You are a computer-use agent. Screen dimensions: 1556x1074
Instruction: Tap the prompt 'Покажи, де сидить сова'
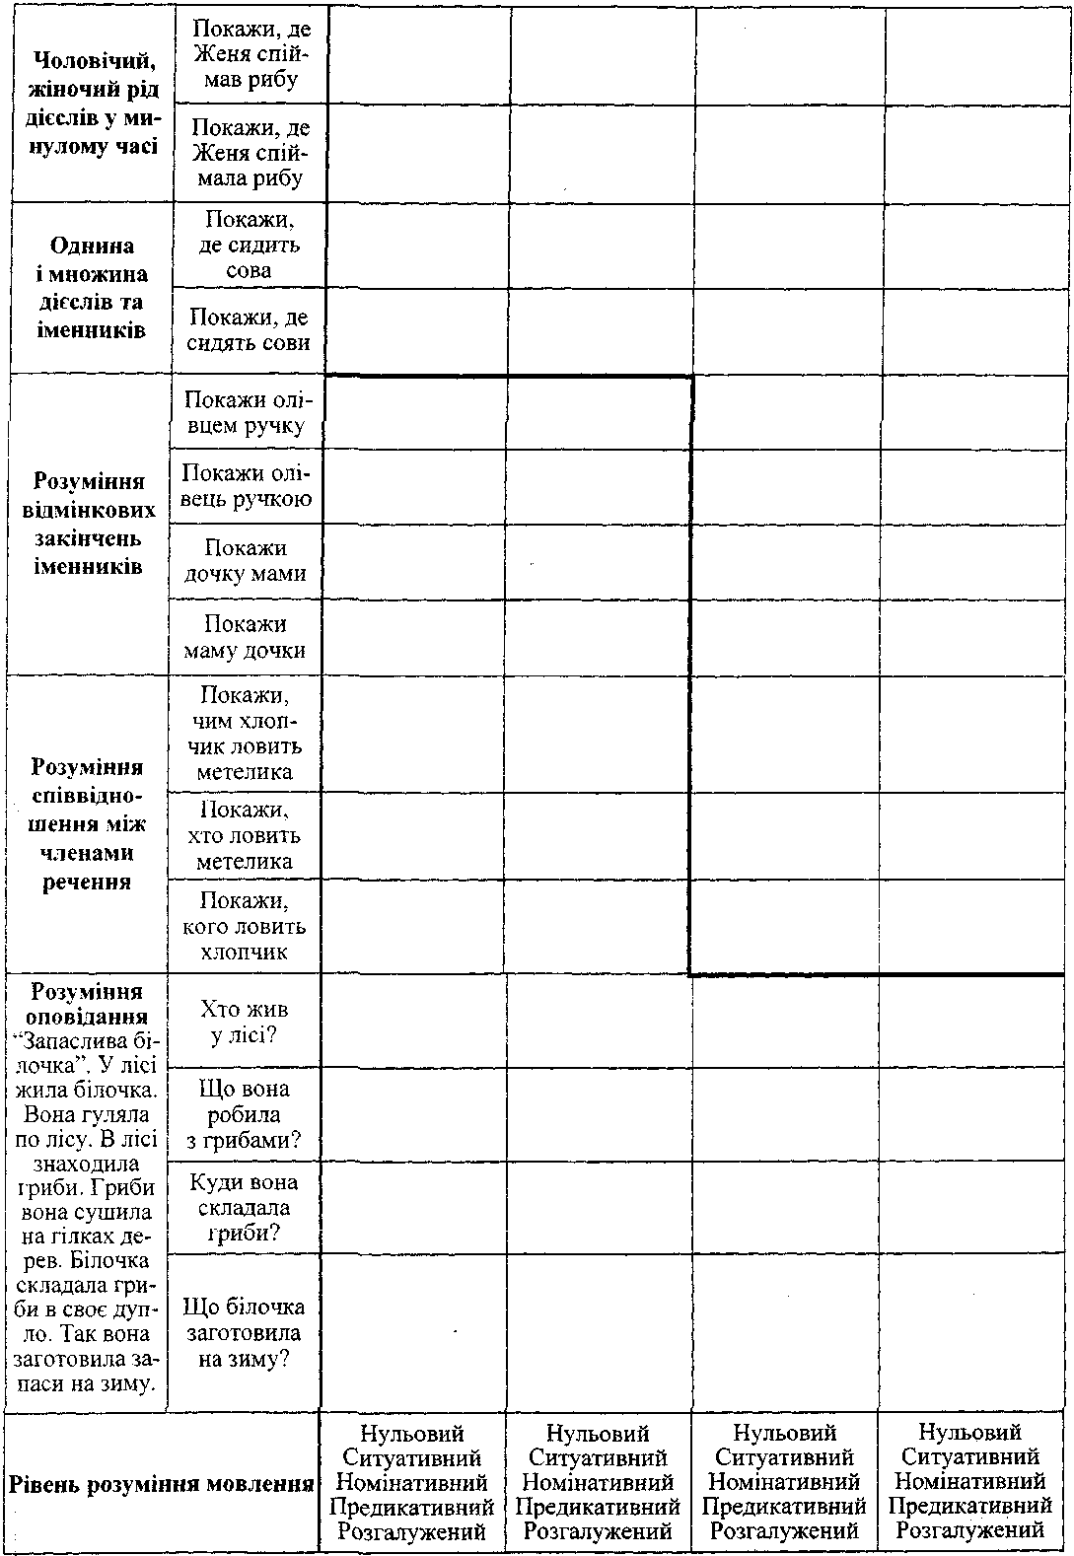[248, 245]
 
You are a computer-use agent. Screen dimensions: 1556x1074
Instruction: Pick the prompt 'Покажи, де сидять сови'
[249, 330]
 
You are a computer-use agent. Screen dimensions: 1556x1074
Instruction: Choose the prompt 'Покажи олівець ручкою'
[246, 486]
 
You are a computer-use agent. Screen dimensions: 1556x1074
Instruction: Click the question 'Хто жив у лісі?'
[244, 1023]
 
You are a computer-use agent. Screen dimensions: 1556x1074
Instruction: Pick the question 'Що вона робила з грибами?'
[244, 1115]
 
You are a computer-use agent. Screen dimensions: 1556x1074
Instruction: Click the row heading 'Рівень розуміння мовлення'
[161, 1483]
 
